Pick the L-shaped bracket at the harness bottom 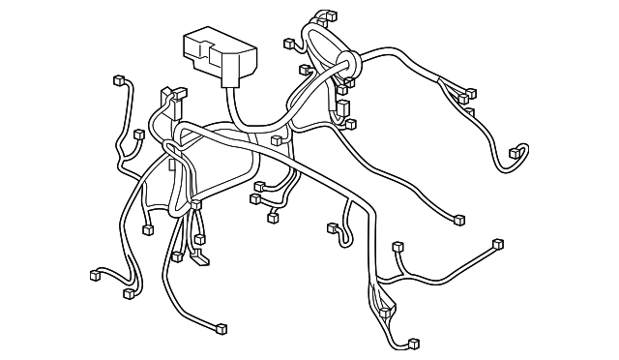tap(197, 256)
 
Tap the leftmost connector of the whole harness tap(95, 275)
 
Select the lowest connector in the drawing tap(413, 344)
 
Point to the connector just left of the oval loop tap(289, 44)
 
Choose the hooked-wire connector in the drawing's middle tap(334, 229)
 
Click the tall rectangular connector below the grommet tap(342, 107)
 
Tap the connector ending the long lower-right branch tap(498, 244)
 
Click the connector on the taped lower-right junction tap(386, 312)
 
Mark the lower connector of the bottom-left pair tap(129, 292)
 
